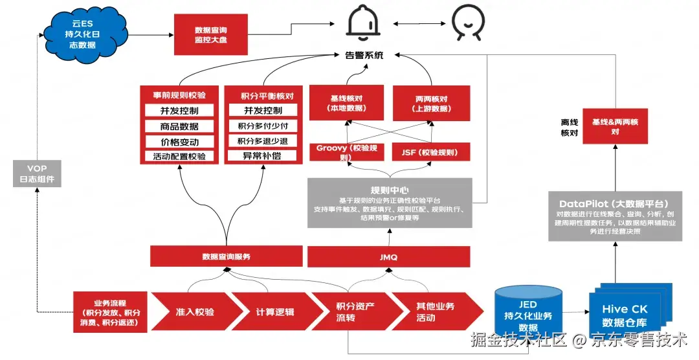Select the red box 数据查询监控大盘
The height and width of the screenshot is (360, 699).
[210, 36]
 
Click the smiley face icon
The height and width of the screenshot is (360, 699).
[467, 23]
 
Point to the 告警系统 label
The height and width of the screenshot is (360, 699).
[364, 56]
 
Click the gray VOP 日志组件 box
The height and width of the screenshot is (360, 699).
[38, 174]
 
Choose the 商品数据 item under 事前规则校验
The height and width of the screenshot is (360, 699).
[180, 126]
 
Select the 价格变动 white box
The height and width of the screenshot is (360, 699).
[180, 142]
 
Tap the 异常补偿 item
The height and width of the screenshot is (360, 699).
[262, 156]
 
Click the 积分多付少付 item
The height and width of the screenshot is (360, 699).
[262, 126]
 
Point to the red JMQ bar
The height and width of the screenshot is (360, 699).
[389, 257]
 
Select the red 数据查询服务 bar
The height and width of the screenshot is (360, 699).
[226, 256]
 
